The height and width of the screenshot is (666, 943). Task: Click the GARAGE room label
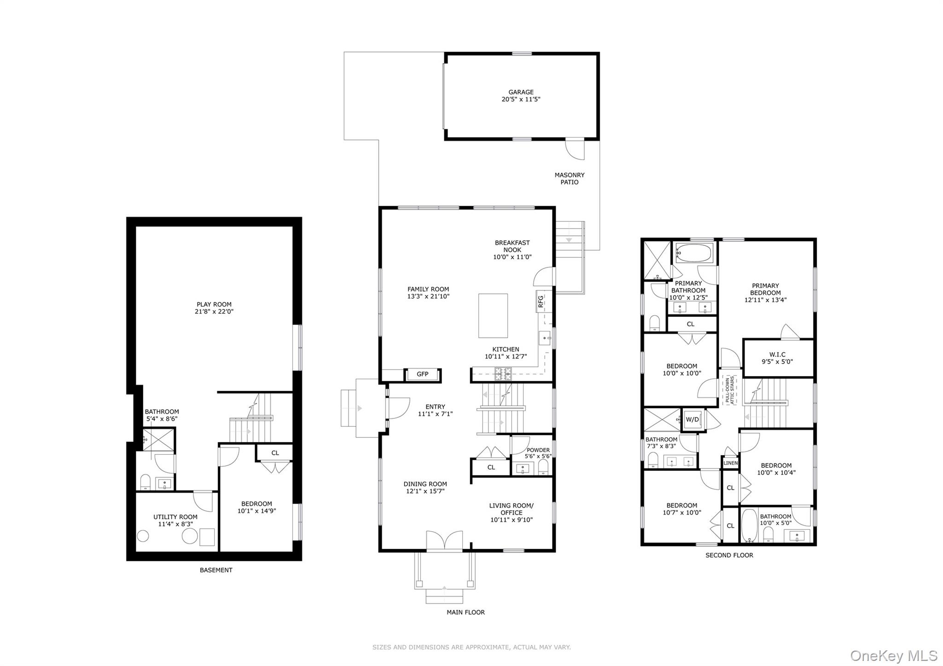[x=521, y=92]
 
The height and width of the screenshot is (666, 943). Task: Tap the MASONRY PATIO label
[x=569, y=179]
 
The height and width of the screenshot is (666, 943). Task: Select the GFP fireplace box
[x=422, y=375]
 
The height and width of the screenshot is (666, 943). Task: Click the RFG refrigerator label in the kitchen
[x=541, y=301]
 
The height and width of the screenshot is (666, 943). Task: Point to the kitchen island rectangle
[x=493, y=316]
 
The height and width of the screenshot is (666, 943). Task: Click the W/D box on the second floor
[x=692, y=420]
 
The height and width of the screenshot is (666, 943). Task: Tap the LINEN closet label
[x=730, y=463]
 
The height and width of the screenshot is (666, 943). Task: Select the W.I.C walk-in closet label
[x=777, y=354]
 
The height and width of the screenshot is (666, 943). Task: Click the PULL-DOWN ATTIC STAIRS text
[x=730, y=390]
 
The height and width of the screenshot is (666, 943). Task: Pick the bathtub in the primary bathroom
[x=694, y=252]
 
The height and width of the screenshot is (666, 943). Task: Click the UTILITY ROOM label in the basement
[x=175, y=517]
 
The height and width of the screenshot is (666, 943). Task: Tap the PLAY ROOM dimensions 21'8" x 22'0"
[x=214, y=312]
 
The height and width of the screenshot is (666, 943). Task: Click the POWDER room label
[x=538, y=450]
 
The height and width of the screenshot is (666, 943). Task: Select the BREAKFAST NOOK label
[x=512, y=246]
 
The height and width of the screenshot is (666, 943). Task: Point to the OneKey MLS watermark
[x=893, y=655]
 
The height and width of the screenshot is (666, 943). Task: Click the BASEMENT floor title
[x=215, y=570]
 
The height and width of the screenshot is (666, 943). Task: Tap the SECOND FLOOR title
[x=729, y=556]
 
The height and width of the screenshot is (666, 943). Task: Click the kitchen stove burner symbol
[x=503, y=374]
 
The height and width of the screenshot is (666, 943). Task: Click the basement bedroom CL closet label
[x=275, y=453]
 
